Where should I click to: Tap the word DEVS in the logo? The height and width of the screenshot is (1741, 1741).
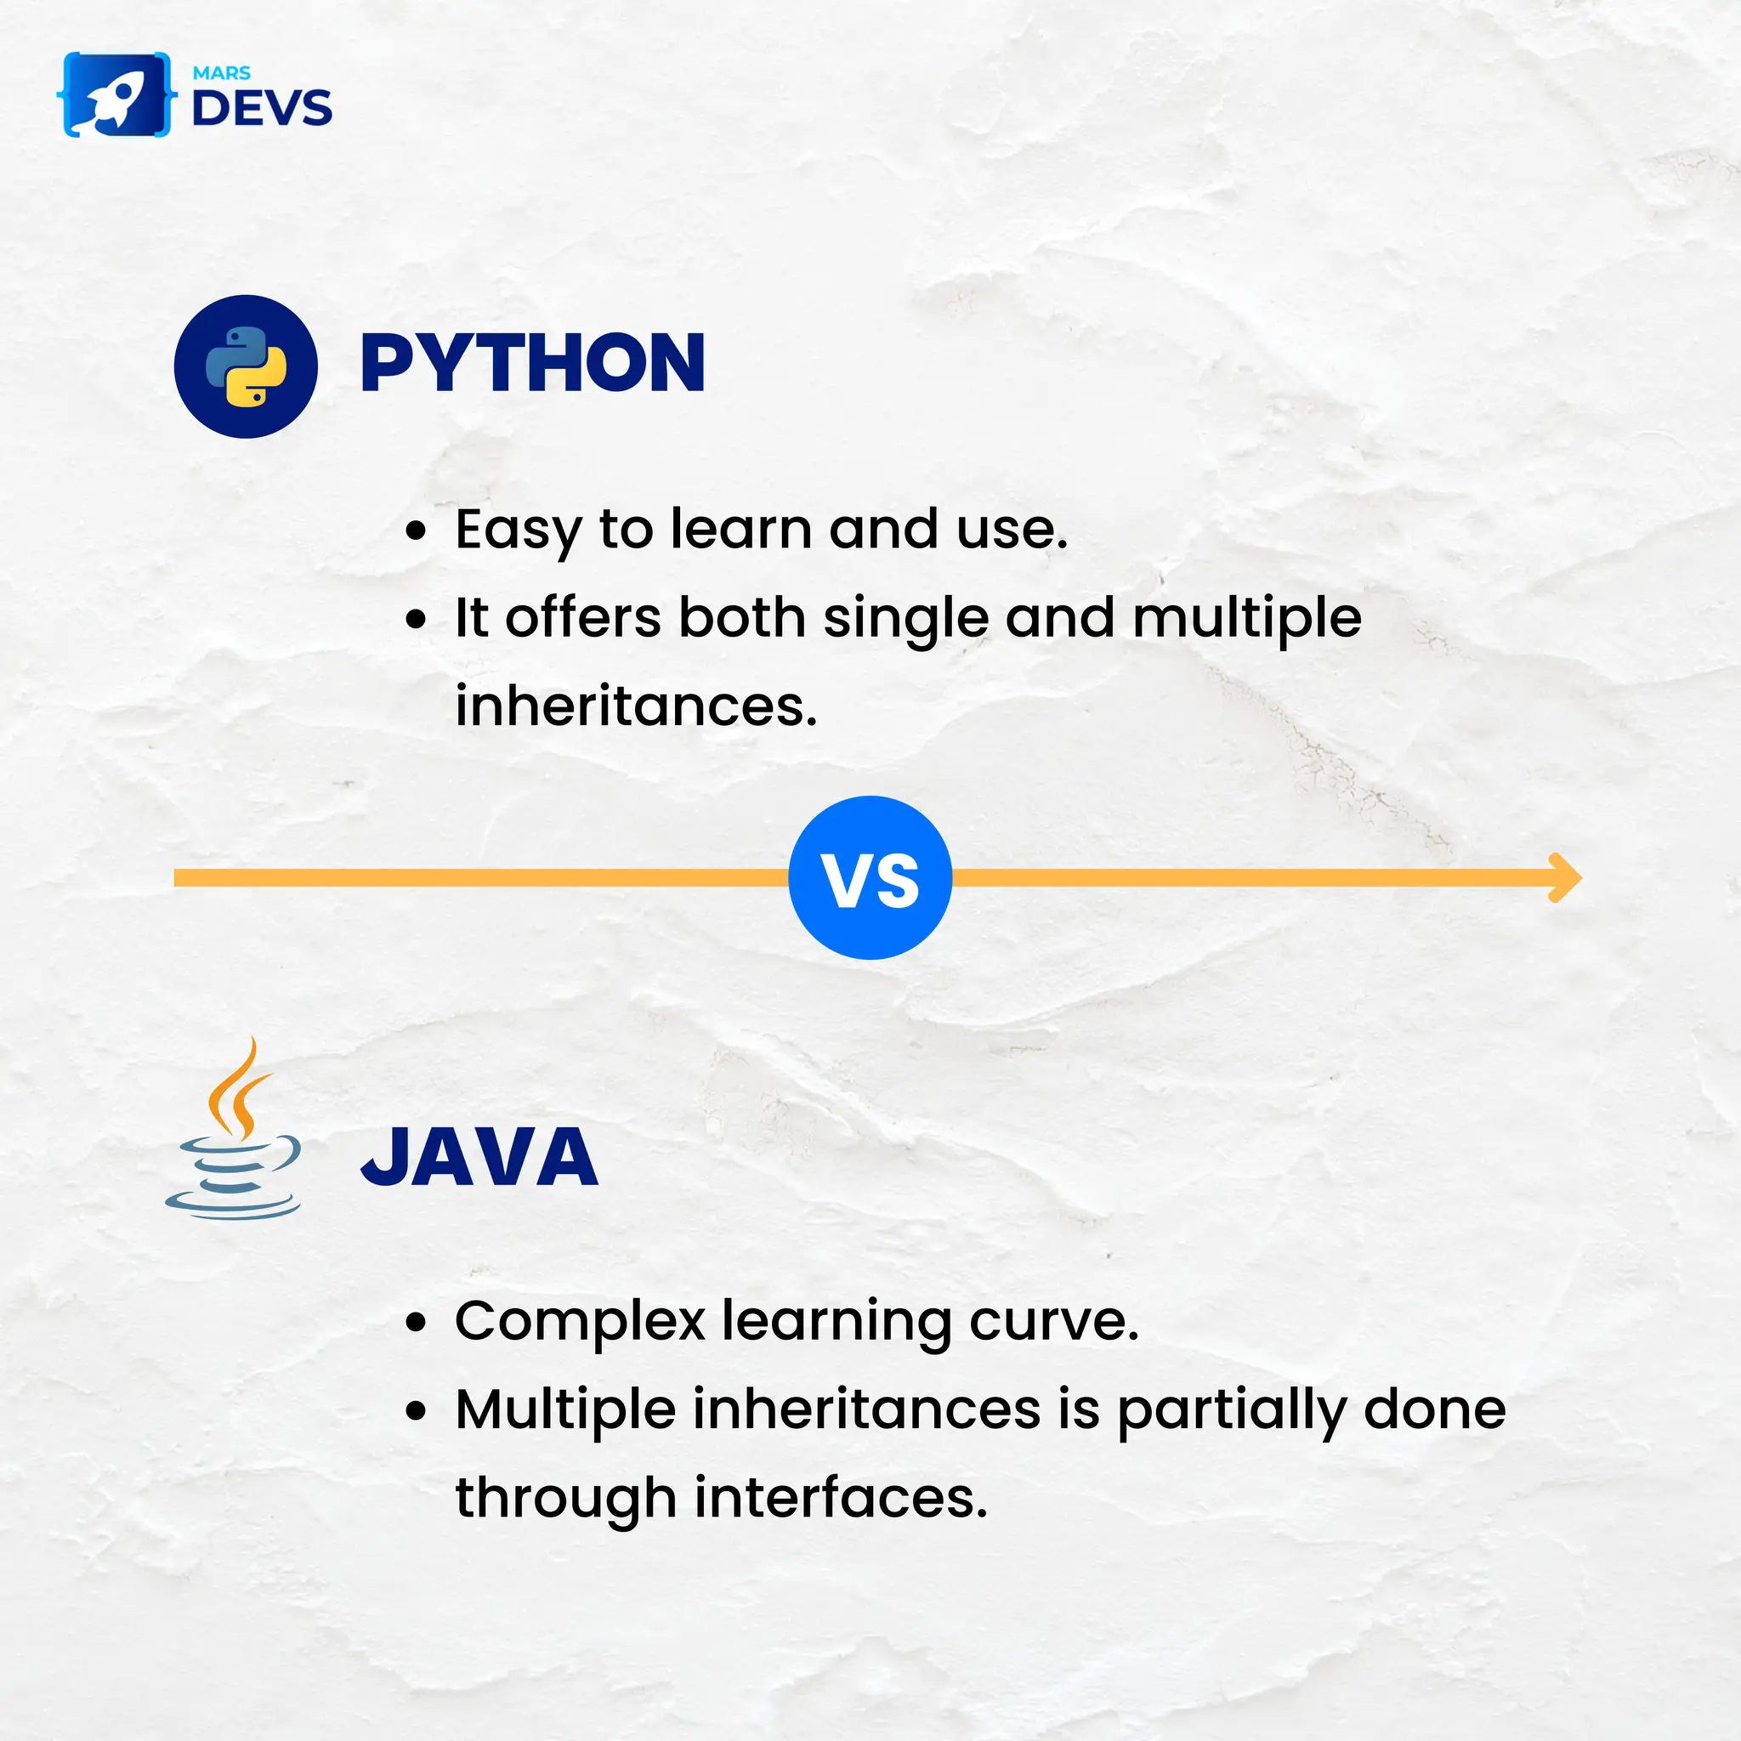tap(261, 108)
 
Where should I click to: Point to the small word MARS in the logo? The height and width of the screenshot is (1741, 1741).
tap(222, 73)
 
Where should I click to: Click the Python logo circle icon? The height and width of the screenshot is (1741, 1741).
tap(245, 366)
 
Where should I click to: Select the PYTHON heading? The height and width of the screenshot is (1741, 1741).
tap(531, 363)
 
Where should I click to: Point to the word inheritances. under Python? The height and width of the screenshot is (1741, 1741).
tap(636, 706)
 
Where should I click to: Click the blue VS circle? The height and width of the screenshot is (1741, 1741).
tap(870, 877)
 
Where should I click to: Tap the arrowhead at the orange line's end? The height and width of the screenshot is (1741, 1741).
tap(1566, 877)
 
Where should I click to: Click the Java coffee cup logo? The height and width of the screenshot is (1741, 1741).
tap(234, 1131)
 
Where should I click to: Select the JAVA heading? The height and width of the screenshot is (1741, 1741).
tap(479, 1157)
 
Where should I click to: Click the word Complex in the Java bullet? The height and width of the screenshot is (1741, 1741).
tap(580, 1322)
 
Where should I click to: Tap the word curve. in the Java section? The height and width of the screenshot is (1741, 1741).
tap(1053, 1322)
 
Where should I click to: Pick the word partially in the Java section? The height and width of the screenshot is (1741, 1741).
tap(1231, 1411)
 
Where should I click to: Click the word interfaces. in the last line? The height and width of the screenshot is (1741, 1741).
tap(841, 1499)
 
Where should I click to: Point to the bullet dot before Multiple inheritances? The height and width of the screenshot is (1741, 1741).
tap(415, 1410)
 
